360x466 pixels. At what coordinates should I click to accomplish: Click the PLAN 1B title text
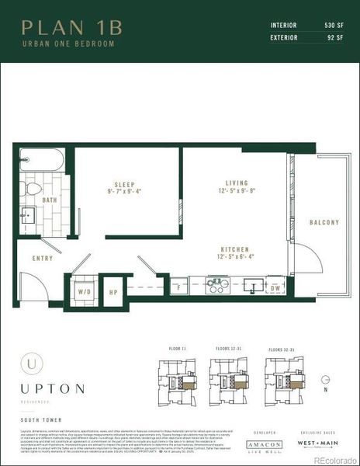pos(72,28)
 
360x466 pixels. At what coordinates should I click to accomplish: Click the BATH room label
pos(50,200)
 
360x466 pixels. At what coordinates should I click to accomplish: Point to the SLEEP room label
pos(124,186)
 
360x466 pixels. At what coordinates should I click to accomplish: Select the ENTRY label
pos(32,258)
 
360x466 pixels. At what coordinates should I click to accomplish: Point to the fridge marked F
pos(178,287)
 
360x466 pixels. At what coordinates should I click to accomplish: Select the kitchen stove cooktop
pos(217,285)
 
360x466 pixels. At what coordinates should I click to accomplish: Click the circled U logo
pos(31,361)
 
